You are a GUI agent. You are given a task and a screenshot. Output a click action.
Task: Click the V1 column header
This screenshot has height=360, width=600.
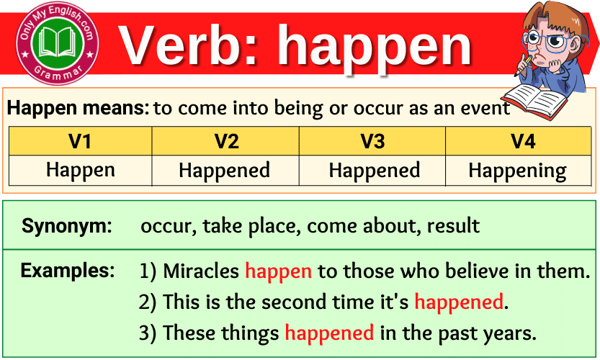(x=80, y=141)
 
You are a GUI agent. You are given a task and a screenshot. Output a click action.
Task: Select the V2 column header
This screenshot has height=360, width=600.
(x=226, y=141)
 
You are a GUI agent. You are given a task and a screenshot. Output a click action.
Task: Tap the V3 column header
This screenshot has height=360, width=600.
(x=372, y=141)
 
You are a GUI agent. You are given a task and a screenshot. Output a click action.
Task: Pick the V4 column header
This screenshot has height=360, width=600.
(x=523, y=141)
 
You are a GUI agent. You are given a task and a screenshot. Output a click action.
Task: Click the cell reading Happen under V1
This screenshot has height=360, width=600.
(x=80, y=171)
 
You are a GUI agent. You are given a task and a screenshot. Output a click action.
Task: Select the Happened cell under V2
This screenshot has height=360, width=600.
(x=224, y=171)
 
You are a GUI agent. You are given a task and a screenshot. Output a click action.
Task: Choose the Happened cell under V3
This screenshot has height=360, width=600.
(x=374, y=171)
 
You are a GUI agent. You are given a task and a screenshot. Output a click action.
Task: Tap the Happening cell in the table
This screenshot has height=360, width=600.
(x=517, y=171)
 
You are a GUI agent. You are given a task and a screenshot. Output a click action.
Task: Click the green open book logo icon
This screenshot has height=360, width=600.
(x=58, y=43)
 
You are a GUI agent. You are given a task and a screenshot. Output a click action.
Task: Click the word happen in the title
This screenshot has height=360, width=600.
(x=375, y=47)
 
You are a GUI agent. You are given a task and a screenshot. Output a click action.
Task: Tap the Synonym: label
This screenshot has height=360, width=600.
(x=67, y=226)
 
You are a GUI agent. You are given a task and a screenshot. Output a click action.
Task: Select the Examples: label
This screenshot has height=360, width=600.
(x=68, y=271)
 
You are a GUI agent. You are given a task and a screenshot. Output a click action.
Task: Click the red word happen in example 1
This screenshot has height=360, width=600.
(x=278, y=271)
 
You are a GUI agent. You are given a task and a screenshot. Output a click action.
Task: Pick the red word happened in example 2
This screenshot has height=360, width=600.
(x=458, y=302)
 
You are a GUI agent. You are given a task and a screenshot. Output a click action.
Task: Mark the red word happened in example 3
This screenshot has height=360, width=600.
(x=329, y=333)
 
